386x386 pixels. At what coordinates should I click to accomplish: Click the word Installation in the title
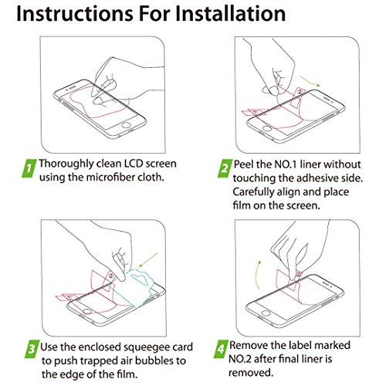pos(230,13)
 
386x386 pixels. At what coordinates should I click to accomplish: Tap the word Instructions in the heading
pos(75,13)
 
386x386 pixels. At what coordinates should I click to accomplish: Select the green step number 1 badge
pos(29,168)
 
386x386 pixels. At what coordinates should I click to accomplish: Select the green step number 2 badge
pos(225,168)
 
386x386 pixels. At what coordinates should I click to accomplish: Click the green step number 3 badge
pos(32,349)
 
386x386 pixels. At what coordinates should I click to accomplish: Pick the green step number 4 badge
pos(221,349)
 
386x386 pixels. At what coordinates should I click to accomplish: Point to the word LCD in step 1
pos(134,164)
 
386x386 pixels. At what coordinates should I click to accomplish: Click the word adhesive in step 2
pos(317,178)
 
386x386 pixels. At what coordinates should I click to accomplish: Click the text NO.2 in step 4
pos(240,359)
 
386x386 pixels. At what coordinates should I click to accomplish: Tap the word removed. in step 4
pos(251,373)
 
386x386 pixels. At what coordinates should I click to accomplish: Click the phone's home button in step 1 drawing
pos(126,126)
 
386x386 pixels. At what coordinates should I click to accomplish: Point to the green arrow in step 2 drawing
pos(310,81)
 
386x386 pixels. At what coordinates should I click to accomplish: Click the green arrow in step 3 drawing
pos(148,260)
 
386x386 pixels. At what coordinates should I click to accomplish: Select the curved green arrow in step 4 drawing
pos(256,275)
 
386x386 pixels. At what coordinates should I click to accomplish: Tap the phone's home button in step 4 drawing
pos(266,313)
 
